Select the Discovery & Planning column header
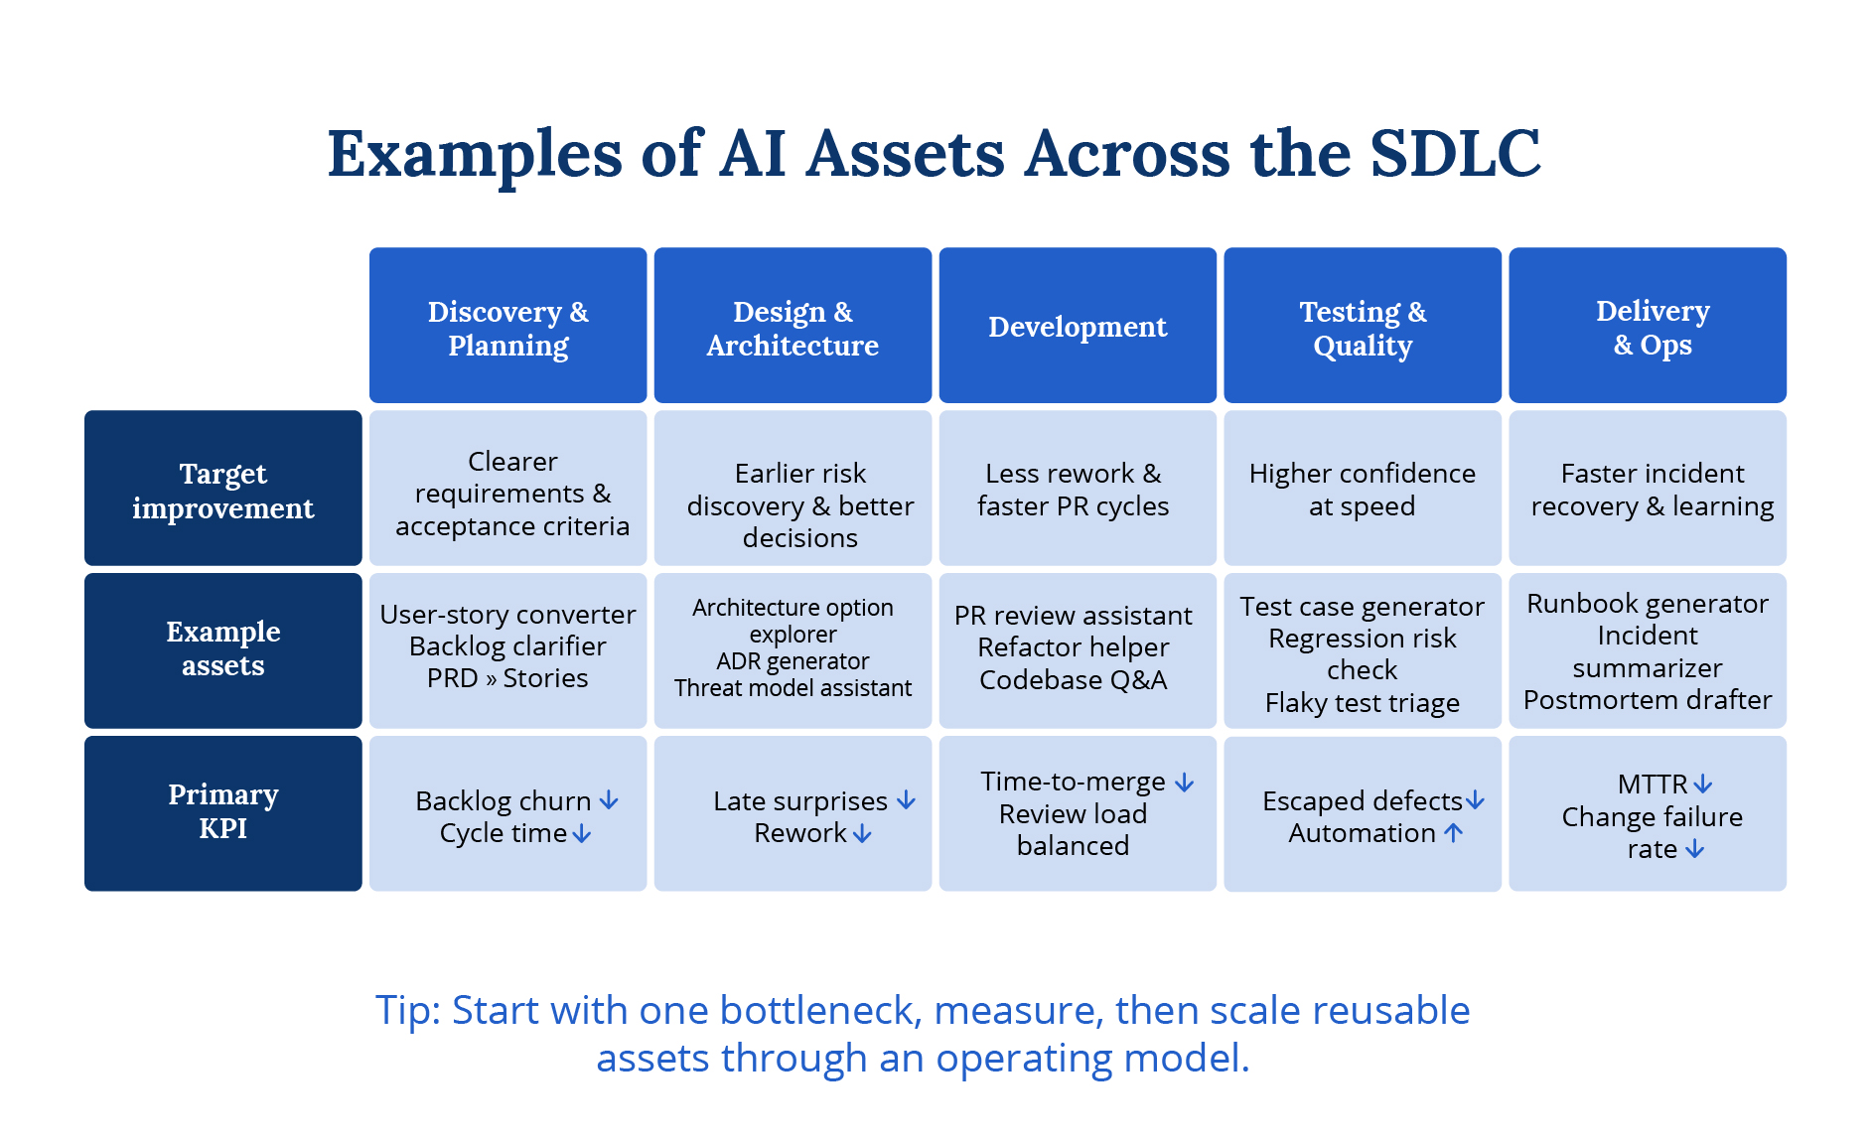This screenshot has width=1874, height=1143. pyautogui.click(x=507, y=327)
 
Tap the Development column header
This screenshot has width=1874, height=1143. pyautogui.click(x=1078, y=327)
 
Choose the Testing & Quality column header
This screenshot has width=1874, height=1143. pyautogui.click(x=1362, y=327)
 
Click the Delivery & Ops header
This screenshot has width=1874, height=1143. pyautogui.click(x=1647, y=327)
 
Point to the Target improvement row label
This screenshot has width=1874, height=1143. pyautogui.click(x=222, y=490)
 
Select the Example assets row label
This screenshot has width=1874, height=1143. pyautogui.click(x=222, y=648)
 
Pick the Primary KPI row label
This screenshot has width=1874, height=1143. pyautogui.click(x=222, y=811)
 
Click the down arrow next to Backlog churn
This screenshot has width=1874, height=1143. pyautogui.click(x=609, y=800)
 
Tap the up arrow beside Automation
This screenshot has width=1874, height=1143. pyautogui.click(x=1453, y=833)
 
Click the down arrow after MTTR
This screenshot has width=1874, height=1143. pyautogui.click(x=1703, y=785)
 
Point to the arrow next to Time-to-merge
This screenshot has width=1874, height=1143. pyautogui.click(x=1184, y=783)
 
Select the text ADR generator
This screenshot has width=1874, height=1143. pyautogui.click(x=793, y=661)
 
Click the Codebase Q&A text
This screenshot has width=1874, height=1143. pyautogui.click(x=1073, y=680)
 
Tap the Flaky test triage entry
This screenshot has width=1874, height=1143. pyautogui.click(x=1362, y=703)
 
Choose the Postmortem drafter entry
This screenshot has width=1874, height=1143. pyautogui.click(x=1647, y=700)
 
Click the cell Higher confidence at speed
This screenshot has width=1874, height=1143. pyautogui.click(x=1362, y=490)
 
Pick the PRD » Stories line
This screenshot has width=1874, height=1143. pyautogui.click(x=507, y=678)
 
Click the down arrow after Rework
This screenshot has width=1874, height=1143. pyautogui.click(x=862, y=834)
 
